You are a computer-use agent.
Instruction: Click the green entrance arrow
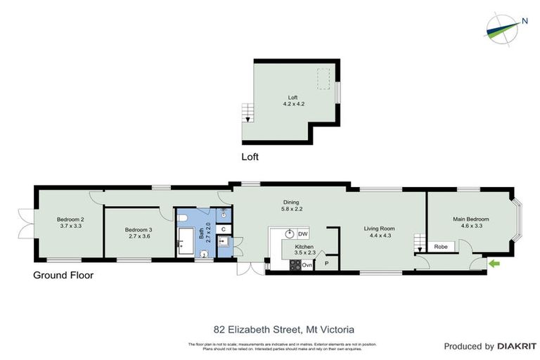(494, 264)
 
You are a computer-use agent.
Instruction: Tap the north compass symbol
(504, 26)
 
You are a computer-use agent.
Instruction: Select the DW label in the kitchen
(303, 233)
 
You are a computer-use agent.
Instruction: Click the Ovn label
(307, 264)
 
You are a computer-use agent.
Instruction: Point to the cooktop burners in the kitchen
(295, 264)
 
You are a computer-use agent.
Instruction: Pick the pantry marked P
(326, 264)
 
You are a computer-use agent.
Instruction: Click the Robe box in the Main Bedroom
(442, 247)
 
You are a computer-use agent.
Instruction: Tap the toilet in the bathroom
(205, 255)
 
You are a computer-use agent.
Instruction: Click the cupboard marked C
(222, 229)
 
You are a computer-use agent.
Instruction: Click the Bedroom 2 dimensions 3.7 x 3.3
(70, 226)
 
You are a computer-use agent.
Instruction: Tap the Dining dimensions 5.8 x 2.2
(290, 209)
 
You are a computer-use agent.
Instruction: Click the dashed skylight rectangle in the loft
(324, 79)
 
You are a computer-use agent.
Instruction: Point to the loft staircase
(247, 113)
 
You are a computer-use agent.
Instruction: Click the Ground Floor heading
(63, 275)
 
